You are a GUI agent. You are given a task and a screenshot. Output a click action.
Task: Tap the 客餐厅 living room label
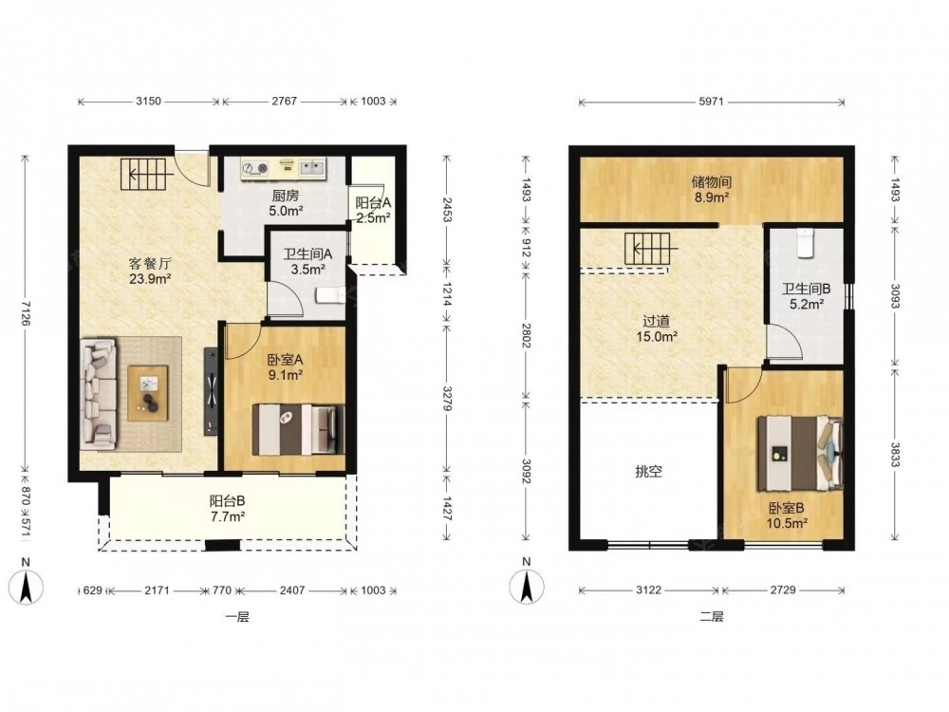coord(150,263)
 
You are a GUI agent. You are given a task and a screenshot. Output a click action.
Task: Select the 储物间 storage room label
coord(711,181)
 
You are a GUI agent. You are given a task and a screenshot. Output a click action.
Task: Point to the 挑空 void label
coord(648,472)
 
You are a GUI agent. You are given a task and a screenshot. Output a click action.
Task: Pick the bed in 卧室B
coord(799,452)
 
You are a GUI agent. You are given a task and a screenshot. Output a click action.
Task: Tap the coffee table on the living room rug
coord(148,393)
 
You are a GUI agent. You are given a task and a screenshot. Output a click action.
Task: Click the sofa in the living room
coord(98,394)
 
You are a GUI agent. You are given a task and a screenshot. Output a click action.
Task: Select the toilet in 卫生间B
coord(805,243)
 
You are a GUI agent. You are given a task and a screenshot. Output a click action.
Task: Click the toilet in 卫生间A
coord(330,295)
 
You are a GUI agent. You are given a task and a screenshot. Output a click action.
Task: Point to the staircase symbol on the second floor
coord(648,249)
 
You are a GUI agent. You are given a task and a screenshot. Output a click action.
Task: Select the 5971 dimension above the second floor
coord(711,102)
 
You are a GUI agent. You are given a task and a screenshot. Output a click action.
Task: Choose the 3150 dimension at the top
coord(148,102)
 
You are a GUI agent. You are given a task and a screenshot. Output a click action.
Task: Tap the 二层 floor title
coord(711,617)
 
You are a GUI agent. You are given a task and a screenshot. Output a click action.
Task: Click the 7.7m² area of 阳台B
coord(228,516)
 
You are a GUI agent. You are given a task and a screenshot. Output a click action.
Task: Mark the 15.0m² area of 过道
coord(656,337)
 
